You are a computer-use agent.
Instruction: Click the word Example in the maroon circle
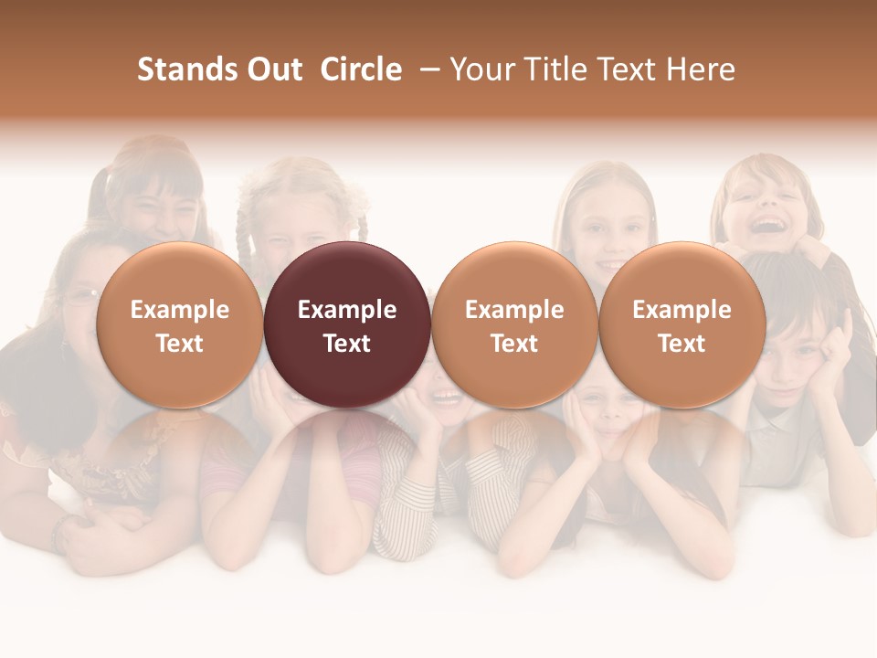pyautogui.click(x=347, y=310)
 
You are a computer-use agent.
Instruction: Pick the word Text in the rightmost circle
pyautogui.click(x=682, y=344)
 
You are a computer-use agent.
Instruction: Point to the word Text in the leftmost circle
pyautogui.click(x=179, y=344)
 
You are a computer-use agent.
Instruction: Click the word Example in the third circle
pyautogui.click(x=514, y=310)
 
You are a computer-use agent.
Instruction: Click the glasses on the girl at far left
pyautogui.click(x=82, y=296)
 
